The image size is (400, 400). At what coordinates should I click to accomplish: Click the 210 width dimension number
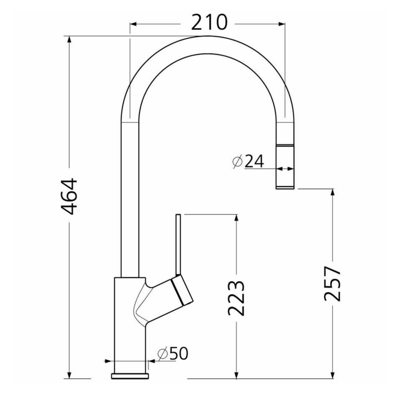(x=209, y=22)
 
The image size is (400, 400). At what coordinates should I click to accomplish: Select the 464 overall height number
(x=69, y=196)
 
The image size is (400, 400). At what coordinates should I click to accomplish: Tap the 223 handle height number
(x=236, y=298)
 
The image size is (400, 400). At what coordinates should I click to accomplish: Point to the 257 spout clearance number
(x=333, y=284)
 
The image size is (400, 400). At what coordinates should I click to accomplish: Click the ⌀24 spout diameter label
(x=248, y=162)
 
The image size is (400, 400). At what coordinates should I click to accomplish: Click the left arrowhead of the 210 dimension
(x=134, y=24)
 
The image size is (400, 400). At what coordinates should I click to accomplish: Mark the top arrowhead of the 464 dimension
(x=69, y=40)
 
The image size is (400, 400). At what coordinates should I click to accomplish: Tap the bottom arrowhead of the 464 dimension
(x=69, y=375)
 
